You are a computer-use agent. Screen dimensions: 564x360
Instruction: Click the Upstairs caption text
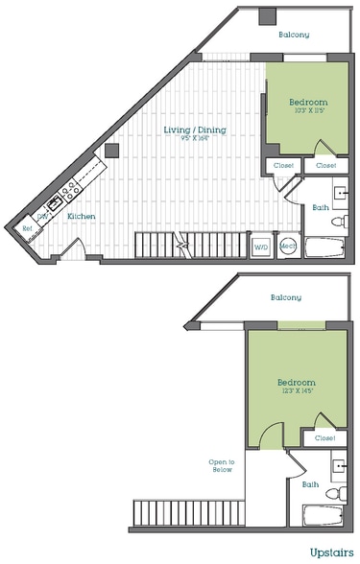coord(331,553)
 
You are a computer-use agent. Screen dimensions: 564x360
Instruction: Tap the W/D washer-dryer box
coord(260,247)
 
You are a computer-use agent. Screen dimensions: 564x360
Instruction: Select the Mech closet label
coord(287,247)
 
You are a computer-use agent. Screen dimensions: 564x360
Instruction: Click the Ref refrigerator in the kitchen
coord(27,228)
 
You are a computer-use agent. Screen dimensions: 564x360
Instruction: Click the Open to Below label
coord(222,465)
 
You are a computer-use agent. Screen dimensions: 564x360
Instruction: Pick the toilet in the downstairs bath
coord(336,222)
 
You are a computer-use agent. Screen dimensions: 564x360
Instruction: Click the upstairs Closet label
coord(324,438)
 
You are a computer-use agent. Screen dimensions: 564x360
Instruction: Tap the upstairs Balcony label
coord(284,296)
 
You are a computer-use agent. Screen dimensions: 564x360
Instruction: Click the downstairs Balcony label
coord(294,35)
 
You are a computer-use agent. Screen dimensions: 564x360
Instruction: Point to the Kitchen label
coord(81,217)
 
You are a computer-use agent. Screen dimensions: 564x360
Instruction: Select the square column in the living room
coord(112,151)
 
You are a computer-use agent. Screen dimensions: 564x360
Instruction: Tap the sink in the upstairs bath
coord(339,469)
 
